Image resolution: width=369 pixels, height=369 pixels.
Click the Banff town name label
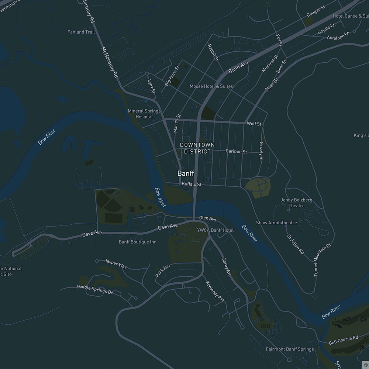[186, 173]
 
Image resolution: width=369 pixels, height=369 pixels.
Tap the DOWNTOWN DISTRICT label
[197, 148]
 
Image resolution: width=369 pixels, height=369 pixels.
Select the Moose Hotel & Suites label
[211, 86]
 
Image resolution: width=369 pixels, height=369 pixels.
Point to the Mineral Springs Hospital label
[144, 114]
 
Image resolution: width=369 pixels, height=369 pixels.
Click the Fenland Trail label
[81, 32]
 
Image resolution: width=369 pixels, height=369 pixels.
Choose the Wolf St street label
[254, 124]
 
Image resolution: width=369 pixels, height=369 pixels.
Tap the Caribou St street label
[236, 152]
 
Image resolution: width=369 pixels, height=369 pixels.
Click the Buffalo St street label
[192, 184]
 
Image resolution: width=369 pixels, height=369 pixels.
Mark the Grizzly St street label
[261, 151]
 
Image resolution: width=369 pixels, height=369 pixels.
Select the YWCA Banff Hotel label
[215, 230]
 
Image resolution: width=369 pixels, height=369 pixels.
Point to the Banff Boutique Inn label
[138, 242]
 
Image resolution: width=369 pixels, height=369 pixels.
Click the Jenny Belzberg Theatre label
[297, 203]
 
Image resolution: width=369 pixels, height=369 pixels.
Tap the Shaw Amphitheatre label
[276, 223]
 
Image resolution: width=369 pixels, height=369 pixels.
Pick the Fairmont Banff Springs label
[290, 349]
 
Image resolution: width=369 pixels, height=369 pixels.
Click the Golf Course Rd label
[343, 340]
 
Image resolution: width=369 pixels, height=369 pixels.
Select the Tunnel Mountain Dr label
[323, 260]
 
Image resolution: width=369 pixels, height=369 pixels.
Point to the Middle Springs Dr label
[95, 289]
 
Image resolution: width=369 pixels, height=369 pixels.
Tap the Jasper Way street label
[116, 263]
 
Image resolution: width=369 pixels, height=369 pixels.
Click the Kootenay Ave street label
[215, 292]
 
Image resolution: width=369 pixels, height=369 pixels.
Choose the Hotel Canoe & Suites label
[351, 16]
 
